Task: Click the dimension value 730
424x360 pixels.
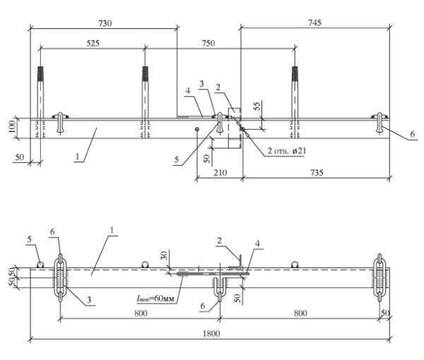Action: pyautogui.click(x=104, y=23)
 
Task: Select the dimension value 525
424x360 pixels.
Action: pyautogui.click(x=92, y=43)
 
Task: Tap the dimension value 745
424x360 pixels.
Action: pyautogui.click(x=314, y=23)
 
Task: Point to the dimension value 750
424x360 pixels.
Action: pyautogui.click(x=208, y=43)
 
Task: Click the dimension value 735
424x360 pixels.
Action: pyautogui.click(x=315, y=171)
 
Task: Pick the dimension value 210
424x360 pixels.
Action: pyautogui.click(x=218, y=171)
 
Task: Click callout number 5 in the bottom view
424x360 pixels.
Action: pyautogui.click(x=30, y=239)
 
